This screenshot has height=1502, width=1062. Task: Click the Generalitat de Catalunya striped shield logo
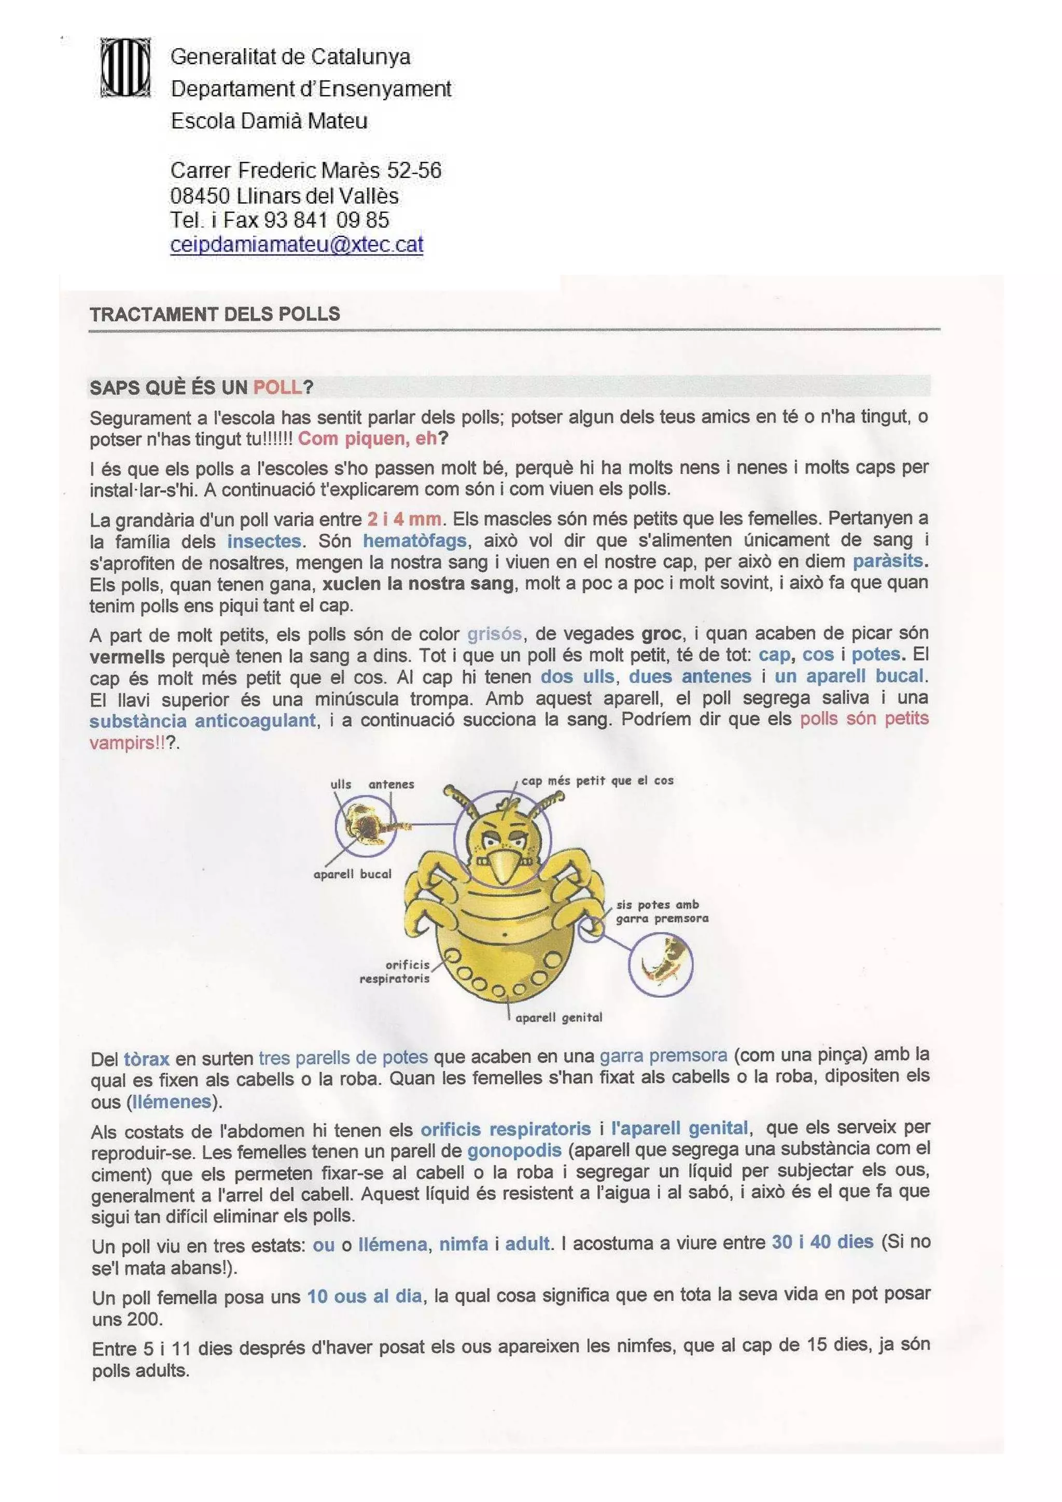click(x=125, y=67)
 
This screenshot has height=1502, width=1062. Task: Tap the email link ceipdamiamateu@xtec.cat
click(x=297, y=244)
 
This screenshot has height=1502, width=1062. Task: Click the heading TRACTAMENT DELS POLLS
click(x=215, y=314)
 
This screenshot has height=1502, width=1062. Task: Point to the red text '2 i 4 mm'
click(x=404, y=519)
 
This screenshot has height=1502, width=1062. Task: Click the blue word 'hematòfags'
click(x=414, y=541)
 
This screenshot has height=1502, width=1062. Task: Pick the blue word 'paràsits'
click(x=887, y=561)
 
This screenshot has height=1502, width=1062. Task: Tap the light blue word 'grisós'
click(x=494, y=633)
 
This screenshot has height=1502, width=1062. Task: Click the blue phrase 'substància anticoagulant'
click(x=202, y=720)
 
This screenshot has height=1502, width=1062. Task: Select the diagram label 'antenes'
click(x=392, y=784)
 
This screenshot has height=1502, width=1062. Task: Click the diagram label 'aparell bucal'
click(x=352, y=874)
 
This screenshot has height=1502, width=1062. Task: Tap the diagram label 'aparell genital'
click(x=558, y=1017)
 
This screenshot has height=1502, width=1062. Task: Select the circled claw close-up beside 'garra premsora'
click(x=660, y=964)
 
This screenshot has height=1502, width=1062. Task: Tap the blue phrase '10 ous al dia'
click(x=365, y=1296)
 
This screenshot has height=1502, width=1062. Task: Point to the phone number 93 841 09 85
click(x=327, y=220)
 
